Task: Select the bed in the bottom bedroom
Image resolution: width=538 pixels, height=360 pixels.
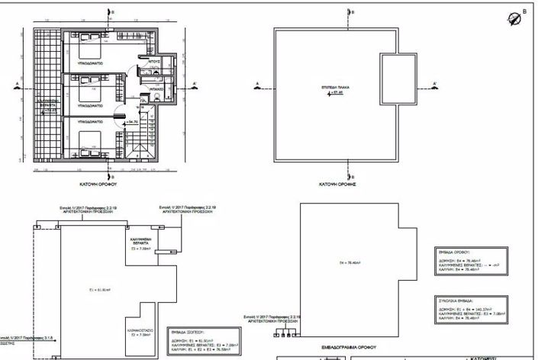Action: pos(82,140)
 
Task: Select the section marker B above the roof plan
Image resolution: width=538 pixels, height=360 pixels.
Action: pos(350,13)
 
